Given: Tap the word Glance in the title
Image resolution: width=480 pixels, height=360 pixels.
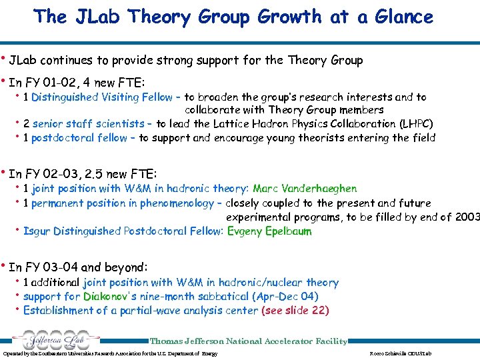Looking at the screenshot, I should point(398,16).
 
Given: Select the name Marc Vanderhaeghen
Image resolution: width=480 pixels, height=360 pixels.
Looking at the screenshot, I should point(305,189).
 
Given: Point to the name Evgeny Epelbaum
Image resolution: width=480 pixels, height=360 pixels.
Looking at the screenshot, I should point(269,231).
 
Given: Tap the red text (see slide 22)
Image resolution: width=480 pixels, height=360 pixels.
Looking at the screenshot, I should point(295,311).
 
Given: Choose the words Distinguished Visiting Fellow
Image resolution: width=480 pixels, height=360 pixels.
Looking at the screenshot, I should point(102,97).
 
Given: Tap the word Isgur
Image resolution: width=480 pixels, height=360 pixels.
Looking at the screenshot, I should point(37,231).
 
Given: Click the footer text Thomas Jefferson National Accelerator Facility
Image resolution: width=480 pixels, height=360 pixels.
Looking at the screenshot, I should point(249,341).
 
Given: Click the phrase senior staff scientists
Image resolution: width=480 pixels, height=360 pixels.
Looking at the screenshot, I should point(88,124).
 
